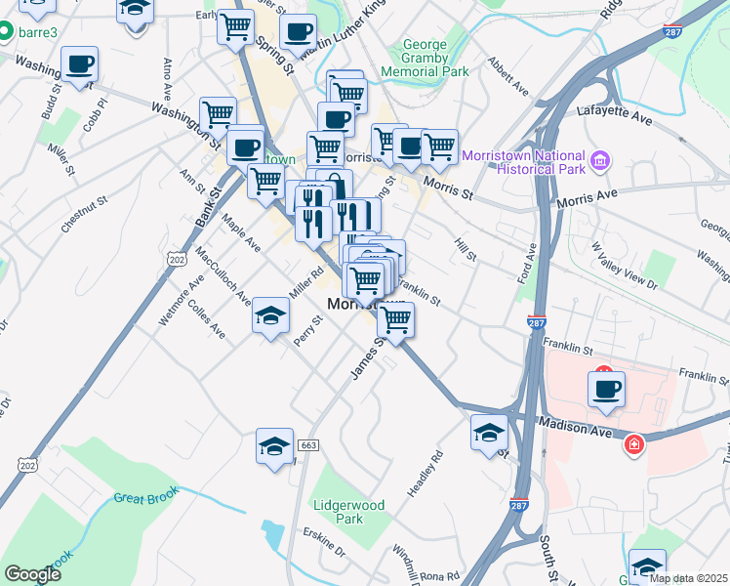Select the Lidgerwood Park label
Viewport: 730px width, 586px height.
348,512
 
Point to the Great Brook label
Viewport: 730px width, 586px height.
142,498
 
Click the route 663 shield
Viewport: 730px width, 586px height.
308,445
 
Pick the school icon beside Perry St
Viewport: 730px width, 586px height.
271,315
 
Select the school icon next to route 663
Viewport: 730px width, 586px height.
274,446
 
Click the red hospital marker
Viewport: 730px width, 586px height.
633,444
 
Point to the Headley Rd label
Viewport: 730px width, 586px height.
426,471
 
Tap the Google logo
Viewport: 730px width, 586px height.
32,574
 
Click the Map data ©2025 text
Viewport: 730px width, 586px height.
688,578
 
